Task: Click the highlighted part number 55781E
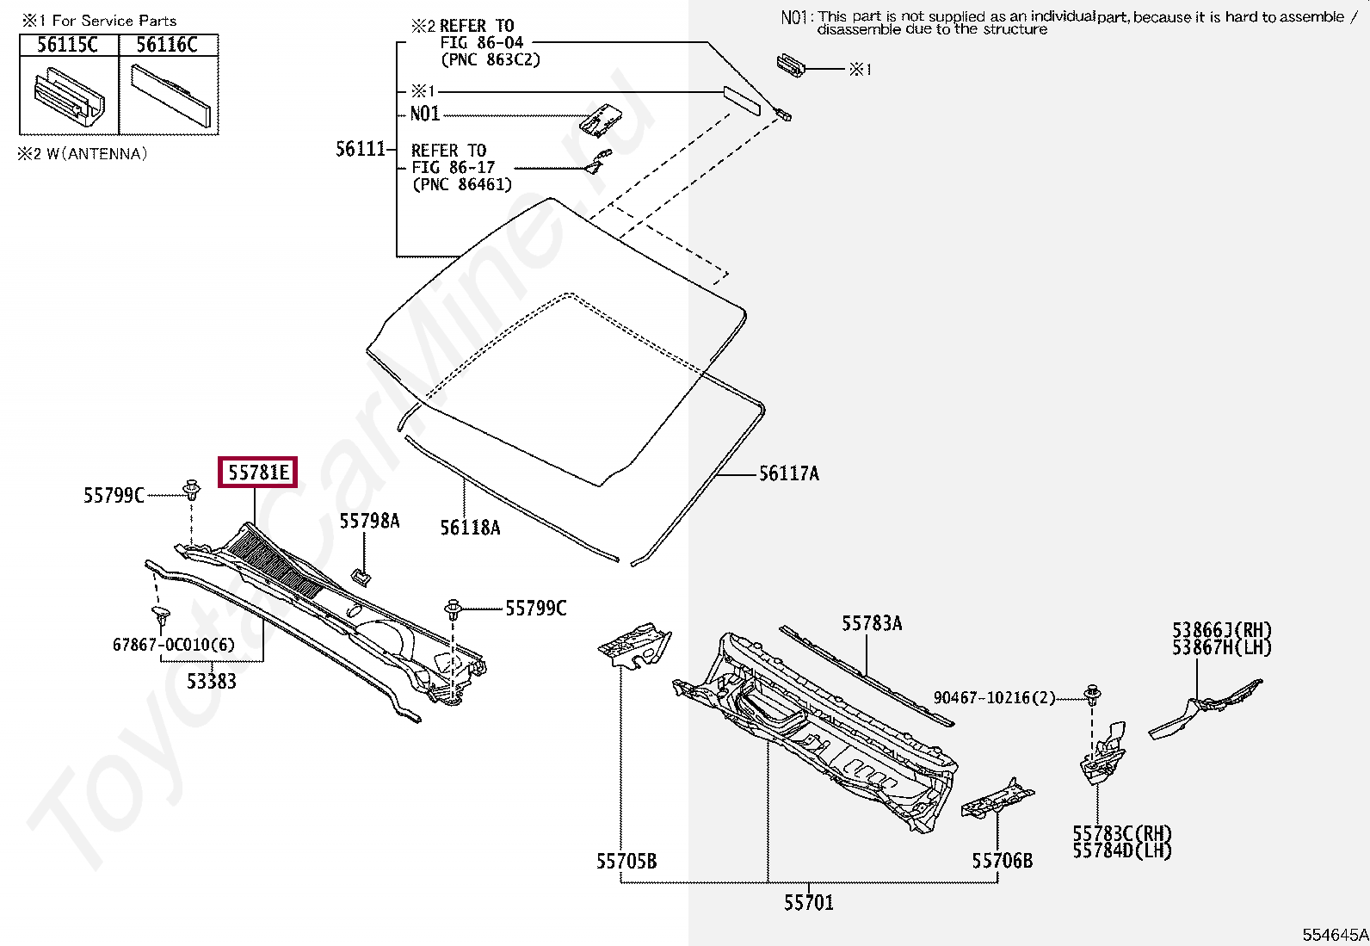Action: click(258, 472)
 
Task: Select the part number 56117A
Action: click(788, 473)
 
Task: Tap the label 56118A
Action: click(470, 528)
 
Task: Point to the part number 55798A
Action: click(369, 521)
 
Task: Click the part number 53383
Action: click(212, 682)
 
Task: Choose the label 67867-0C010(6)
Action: click(173, 645)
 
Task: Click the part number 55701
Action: click(808, 903)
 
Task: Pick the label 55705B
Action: click(626, 862)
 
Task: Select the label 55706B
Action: click(1002, 861)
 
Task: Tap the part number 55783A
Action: click(871, 623)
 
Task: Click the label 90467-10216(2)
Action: click(994, 697)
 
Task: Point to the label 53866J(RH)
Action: click(1221, 630)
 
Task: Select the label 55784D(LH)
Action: click(1121, 851)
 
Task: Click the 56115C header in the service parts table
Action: click(68, 45)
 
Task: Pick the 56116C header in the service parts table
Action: click(167, 45)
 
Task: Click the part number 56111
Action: click(360, 149)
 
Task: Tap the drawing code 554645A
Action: click(1334, 935)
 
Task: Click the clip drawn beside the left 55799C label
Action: click(192, 491)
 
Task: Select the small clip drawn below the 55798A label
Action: click(361, 575)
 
